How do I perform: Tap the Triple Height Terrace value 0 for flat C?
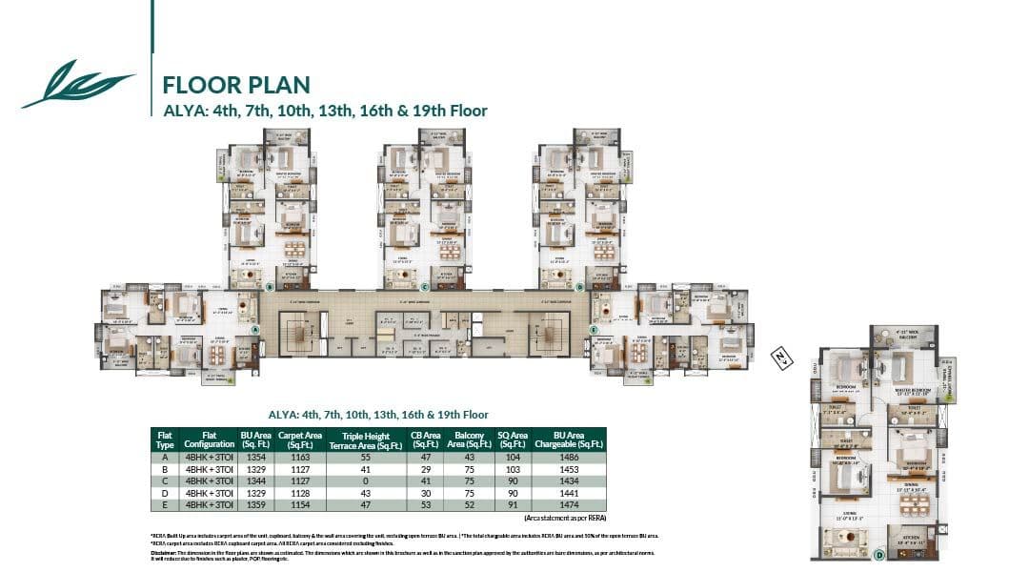coord(365,481)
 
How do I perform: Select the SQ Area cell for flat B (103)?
coord(513,470)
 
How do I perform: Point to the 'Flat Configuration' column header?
coord(210,439)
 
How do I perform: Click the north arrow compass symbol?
coord(781,358)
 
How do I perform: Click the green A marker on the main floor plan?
coord(255,329)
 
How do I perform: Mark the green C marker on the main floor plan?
coord(424,285)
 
